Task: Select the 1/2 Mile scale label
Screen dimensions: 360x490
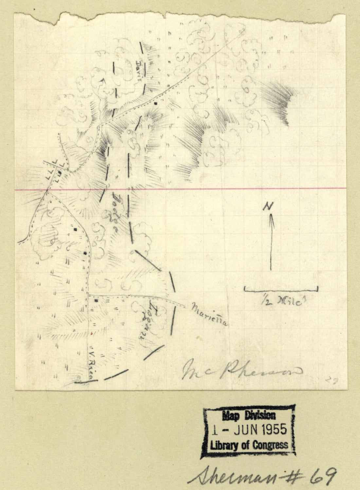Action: (281, 300)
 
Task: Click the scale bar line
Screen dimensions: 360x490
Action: (281, 290)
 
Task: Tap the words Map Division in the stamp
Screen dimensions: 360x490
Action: (249, 416)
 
